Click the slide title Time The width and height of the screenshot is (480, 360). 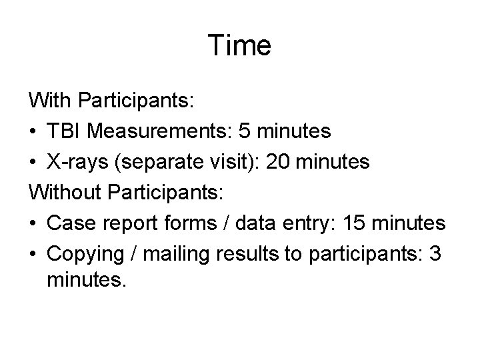pyautogui.click(x=239, y=46)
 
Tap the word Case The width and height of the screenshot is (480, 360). pyautogui.click(x=69, y=224)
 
